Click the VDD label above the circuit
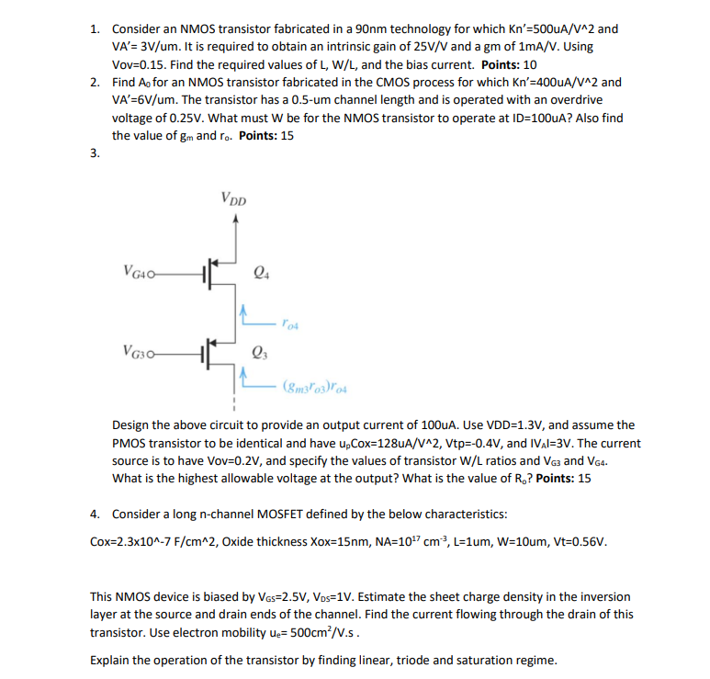point(233,198)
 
